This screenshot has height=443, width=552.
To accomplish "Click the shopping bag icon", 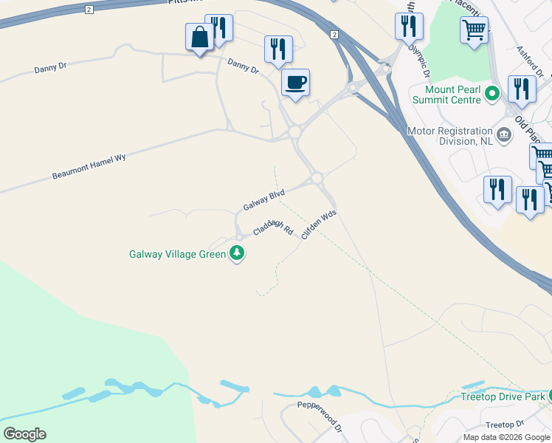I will [x=200, y=37].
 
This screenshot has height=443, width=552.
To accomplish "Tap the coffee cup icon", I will [x=295, y=82].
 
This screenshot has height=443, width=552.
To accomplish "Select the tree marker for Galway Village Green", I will [x=237, y=254].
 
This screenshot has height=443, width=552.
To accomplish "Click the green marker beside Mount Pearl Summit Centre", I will [x=494, y=94].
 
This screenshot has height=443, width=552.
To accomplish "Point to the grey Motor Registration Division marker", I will [x=505, y=134].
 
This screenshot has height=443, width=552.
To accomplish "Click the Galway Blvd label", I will [x=263, y=199].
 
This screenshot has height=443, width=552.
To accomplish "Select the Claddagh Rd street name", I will [x=273, y=228].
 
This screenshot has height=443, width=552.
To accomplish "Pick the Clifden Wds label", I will [x=319, y=222].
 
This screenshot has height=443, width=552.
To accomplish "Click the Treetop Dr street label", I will [x=505, y=425].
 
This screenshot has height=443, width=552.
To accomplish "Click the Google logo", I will [x=24, y=434].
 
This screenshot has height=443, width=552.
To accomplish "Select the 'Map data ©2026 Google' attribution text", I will [x=506, y=437].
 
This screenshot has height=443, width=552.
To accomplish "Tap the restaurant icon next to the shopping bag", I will [x=219, y=28].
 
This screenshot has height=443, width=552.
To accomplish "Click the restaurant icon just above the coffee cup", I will [x=278, y=49].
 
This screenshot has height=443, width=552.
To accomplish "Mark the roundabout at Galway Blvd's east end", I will [x=317, y=178].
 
